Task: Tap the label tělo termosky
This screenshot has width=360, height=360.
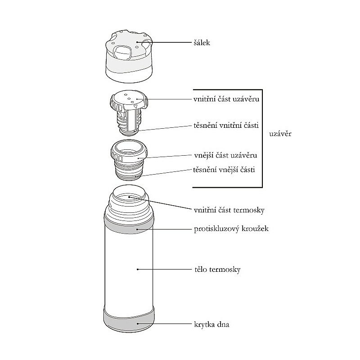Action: click(217, 270)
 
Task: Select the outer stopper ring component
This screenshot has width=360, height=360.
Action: click(128, 155)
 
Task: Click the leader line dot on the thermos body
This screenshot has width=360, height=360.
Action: click(137, 269)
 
